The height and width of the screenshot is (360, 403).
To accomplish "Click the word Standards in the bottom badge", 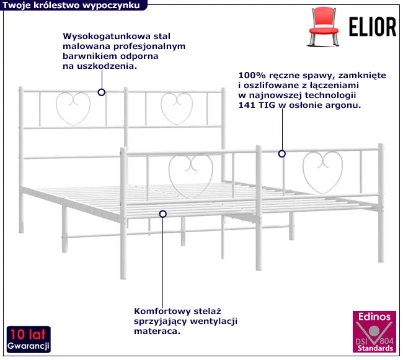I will [x=376, y=349].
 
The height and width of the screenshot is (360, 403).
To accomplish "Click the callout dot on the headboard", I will [x=102, y=92].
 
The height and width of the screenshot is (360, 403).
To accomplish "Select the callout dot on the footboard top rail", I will [x=282, y=153].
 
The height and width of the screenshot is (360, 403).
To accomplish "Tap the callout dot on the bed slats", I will [x=163, y=214].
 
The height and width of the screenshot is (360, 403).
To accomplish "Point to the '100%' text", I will [x=250, y=74].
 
